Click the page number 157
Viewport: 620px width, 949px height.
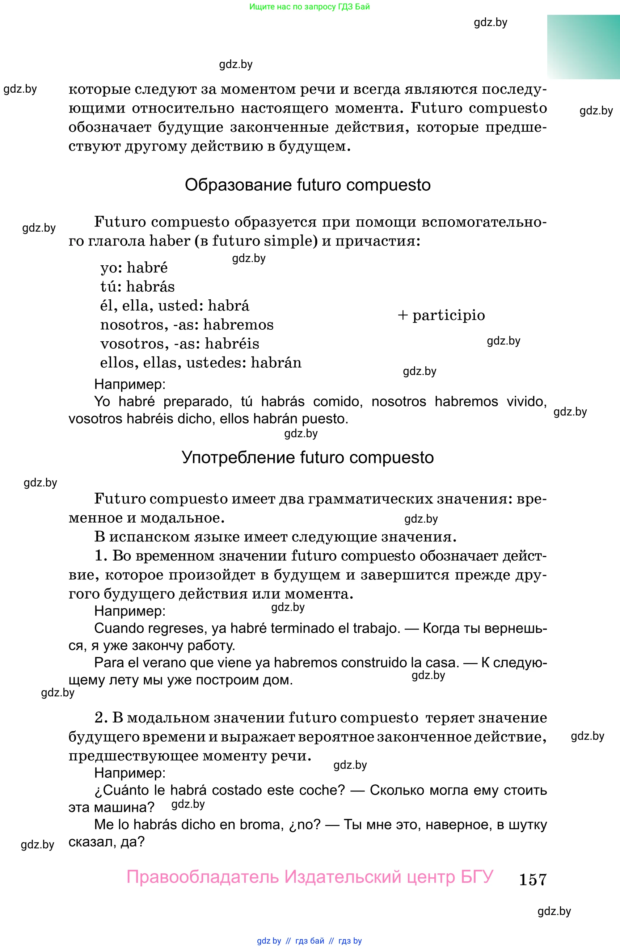pyautogui.click(x=533, y=879)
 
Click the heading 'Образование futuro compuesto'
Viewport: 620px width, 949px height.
pyautogui.click(x=307, y=185)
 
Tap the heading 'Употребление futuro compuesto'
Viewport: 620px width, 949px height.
pyautogui.click(x=307, y=457)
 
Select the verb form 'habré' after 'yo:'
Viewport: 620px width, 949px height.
pyautogui.click(x=147, y=267)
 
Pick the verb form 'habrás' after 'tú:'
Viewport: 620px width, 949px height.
pyautogui.click(x=150, y=287)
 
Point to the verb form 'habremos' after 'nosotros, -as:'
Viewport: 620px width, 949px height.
pyautogui.click(x=239, y=325)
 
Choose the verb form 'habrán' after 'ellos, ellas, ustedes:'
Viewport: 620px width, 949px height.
pyautogui.click(x=276, y=363)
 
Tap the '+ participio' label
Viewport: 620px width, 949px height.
pyautogui.click(x=441, y=315)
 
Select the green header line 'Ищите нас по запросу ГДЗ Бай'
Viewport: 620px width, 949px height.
pyautogui.click(x=309, y=7)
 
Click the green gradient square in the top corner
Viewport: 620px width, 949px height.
pyautogui.click(x=583, y=47)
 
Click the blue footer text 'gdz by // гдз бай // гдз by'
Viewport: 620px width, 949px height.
pyautogui.click(x=309, y=941)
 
